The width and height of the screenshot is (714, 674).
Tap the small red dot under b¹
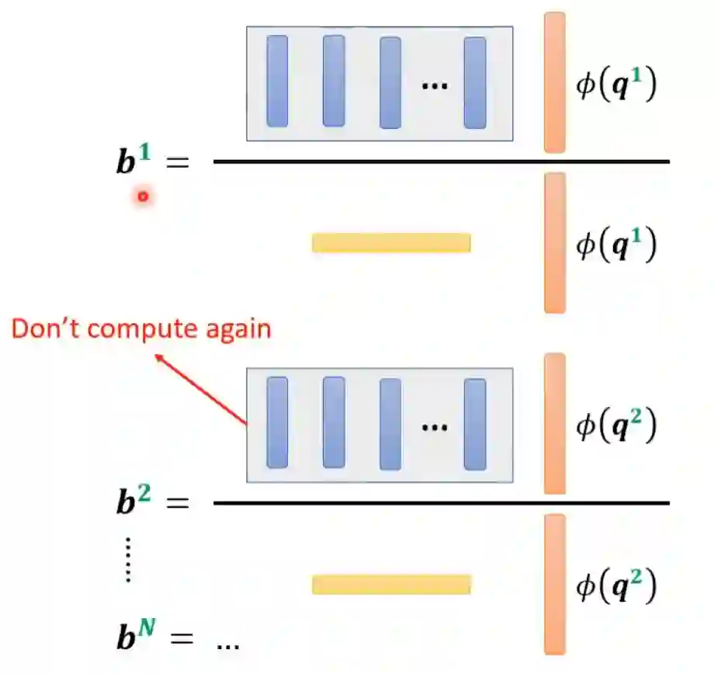tap(143, 196)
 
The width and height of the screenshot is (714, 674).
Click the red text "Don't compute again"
tap(141, 328)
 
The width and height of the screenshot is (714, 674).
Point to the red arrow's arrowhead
tap(159, 356)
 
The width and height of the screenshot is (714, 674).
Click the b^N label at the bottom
tap(135, 639)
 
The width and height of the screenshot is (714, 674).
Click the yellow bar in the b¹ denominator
tap(391, 243)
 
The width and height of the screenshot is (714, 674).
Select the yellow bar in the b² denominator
tap(391, 584)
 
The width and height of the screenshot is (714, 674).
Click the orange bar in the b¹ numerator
tap(554, 82)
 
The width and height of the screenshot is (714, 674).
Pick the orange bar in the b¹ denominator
tap(554, 242)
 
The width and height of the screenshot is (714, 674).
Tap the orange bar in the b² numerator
tap(554, 424)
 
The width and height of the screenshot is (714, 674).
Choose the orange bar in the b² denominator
tap(554, 584)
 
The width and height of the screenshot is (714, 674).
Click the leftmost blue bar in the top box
tap(277, 82)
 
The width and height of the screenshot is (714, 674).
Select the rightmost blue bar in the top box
tap(475, 82)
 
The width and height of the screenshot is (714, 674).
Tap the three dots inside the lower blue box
tap(435, 426)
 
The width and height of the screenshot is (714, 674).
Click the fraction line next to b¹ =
tap(441, 162)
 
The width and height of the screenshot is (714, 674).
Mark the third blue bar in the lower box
tap(390, 424)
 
